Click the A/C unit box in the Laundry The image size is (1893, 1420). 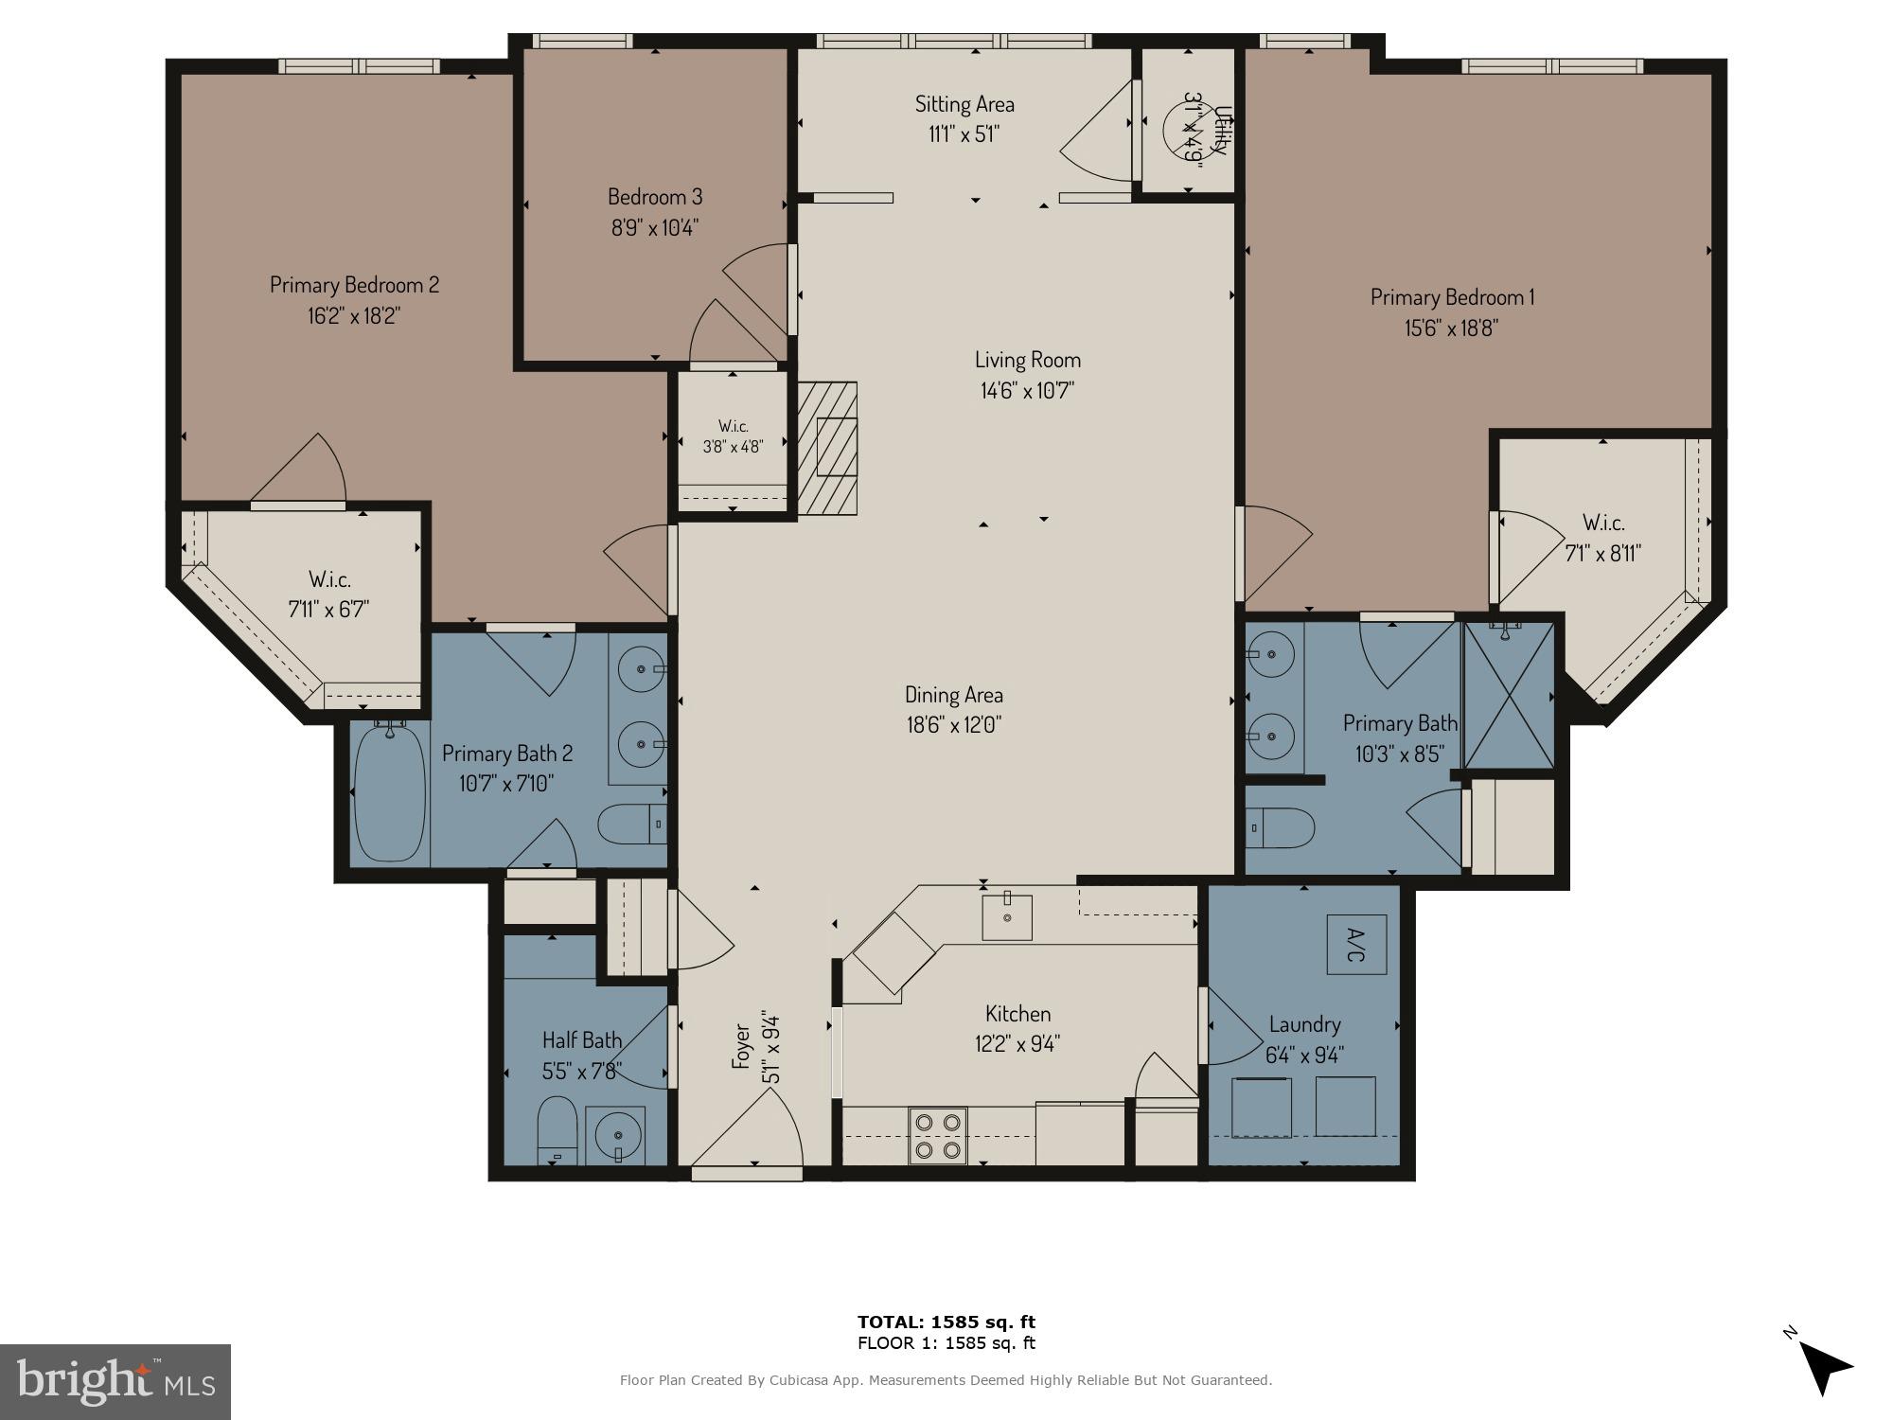point(1356,944)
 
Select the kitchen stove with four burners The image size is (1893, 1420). point(937,1135)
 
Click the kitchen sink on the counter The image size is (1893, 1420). point(1006,915)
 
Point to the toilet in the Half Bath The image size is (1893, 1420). point(557,1131)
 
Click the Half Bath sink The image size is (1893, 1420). point(614,1134)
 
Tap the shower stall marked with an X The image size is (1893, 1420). point(1509,695)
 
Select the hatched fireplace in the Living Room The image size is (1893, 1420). point(828,448)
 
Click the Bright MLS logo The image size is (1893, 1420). point(115,1381)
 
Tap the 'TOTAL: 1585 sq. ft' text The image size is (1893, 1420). point(946,1322)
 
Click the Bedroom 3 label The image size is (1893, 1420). point(655,197)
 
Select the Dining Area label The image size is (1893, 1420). point(953,695)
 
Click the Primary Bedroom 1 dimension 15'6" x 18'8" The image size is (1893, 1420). point(1451,328)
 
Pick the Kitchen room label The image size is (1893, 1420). point(1017,1014)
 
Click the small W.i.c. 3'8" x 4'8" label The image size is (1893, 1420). point(733,436)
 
